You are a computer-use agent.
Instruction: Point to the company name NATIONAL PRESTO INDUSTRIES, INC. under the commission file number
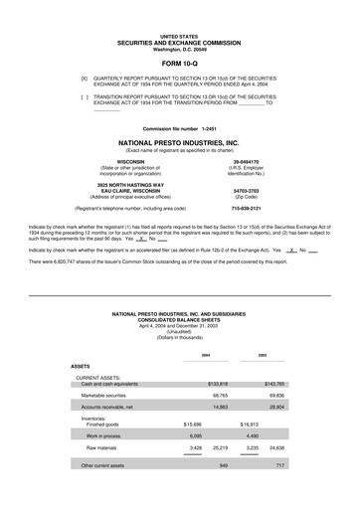pyautogui.click(x=179, y=144)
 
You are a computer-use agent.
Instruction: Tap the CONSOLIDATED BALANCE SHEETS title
pyautogui.click(x=179, y=319)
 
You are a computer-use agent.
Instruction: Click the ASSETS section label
pyautogui.click(x=81, y=367)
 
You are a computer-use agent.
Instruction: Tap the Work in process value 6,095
pyautogui.click(x=195, y=435)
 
